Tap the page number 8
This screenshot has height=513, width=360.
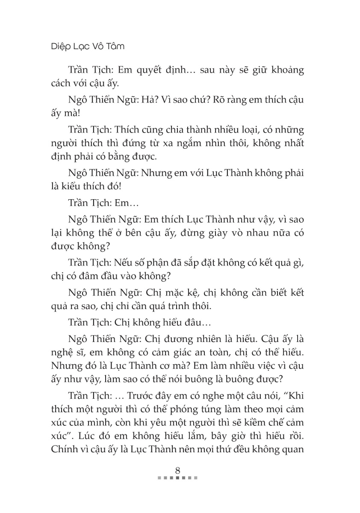(x=177, y=469)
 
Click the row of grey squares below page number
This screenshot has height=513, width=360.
(x=177, y=478)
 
